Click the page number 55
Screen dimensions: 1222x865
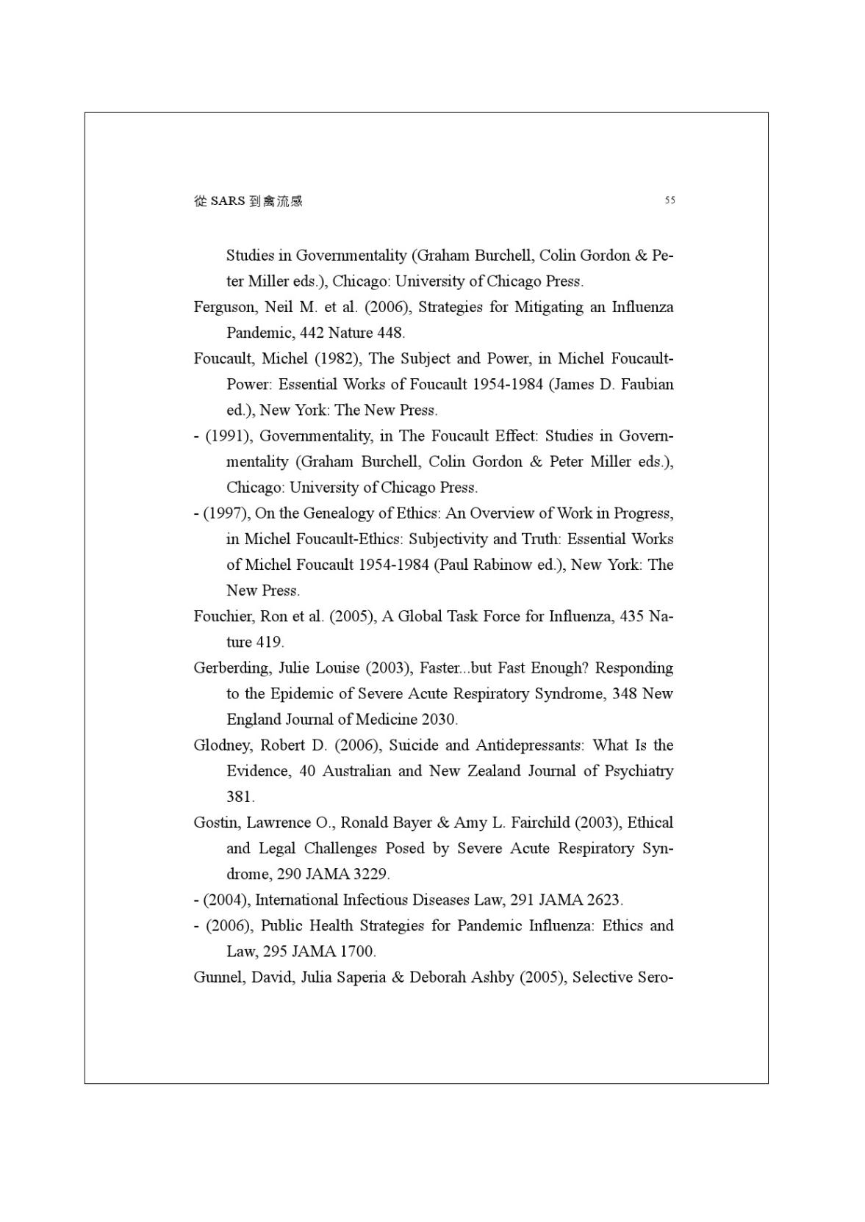tap(670, 200)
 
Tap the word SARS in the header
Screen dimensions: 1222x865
tap(227, 201)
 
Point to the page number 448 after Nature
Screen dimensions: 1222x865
tap(390, 333)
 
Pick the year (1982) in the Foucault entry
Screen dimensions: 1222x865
tap(337, 358)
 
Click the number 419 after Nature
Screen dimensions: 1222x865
tap(269, 642)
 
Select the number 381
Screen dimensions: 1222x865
tap(240, 797)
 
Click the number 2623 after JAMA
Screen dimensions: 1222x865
tap(603, 900)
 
